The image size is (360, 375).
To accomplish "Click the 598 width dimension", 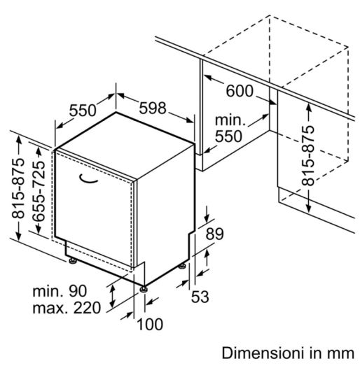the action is coord(153,108).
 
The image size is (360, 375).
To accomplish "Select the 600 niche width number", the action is coord(240,91).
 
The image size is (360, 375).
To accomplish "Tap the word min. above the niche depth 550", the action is coord(230,120).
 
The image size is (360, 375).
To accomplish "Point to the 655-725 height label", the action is coord(39,191).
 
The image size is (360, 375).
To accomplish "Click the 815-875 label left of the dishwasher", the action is coord(19,188).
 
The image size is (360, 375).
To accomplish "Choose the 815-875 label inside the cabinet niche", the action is coord(308,156).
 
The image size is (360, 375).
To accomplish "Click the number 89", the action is coord(215,234).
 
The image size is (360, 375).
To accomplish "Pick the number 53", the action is coord(200,297).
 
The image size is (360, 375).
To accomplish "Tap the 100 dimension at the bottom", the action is coord(150,325).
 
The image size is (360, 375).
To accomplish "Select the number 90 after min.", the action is coord(78,291).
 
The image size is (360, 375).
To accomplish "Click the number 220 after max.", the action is coord(87,308).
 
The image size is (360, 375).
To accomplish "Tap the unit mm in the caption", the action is coord(342,354).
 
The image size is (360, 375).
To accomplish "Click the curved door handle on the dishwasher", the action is coord(88,178).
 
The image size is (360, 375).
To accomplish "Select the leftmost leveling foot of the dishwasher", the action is coord(73,260).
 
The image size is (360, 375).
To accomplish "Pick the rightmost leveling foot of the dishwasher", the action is coord(182,266).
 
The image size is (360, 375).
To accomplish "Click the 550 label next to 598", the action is coord(83,111).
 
